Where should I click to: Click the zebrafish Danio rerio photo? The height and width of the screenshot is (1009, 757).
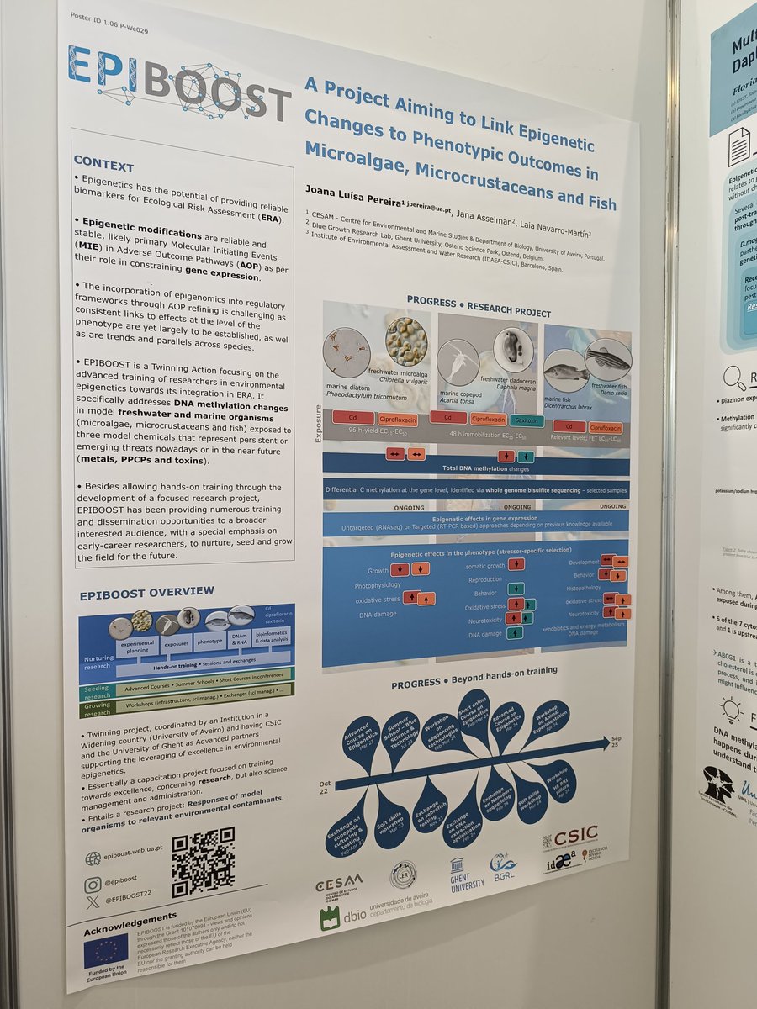pyautogui.click(x=608, y=359)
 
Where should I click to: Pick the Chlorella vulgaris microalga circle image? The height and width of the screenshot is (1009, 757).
pyautogui.click(x=406, y=341)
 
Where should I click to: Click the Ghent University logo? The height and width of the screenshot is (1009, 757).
pyautogui.click(x=467, y=874)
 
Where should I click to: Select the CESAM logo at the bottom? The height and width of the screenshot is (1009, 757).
pyautogui.click(x=338, y=885)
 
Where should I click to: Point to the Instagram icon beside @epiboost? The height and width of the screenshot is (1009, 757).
pyautogui.click(x=93, y=883)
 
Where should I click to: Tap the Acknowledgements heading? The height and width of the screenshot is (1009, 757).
pyautogui.click(x=130, y=916)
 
